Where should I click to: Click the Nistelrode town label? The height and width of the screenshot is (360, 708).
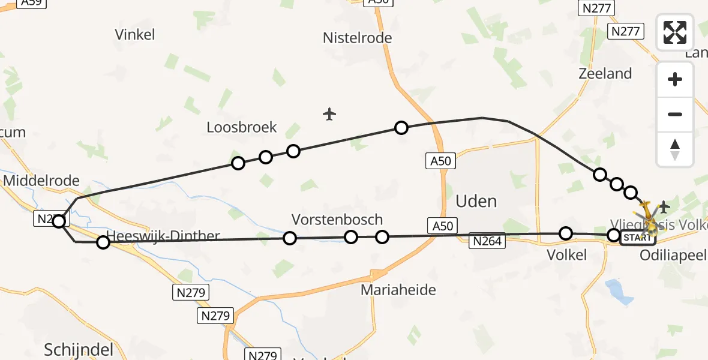point(357,38)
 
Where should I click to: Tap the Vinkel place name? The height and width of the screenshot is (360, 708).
point(134,35)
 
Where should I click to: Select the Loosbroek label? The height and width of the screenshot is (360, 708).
point(242,127)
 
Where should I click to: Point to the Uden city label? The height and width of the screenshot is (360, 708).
point(476,201)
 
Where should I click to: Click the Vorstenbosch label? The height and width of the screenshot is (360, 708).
point(337,220)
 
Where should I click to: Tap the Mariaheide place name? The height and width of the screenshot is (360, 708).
point(398,290)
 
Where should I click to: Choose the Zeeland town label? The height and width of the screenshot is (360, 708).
point(605,74)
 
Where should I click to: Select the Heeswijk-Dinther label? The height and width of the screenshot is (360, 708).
point(163,236)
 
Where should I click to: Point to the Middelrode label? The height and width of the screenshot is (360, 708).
point(41,181)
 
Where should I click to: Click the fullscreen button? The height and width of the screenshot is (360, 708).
point(675,32)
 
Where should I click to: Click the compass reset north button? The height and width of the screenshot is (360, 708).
point(675,149)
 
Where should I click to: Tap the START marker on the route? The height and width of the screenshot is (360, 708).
point(636,238)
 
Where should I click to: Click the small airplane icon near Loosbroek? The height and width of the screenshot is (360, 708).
point(329,113)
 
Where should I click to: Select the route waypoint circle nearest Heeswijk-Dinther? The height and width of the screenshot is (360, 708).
point(103,242)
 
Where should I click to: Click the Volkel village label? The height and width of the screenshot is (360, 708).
point(566,255)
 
